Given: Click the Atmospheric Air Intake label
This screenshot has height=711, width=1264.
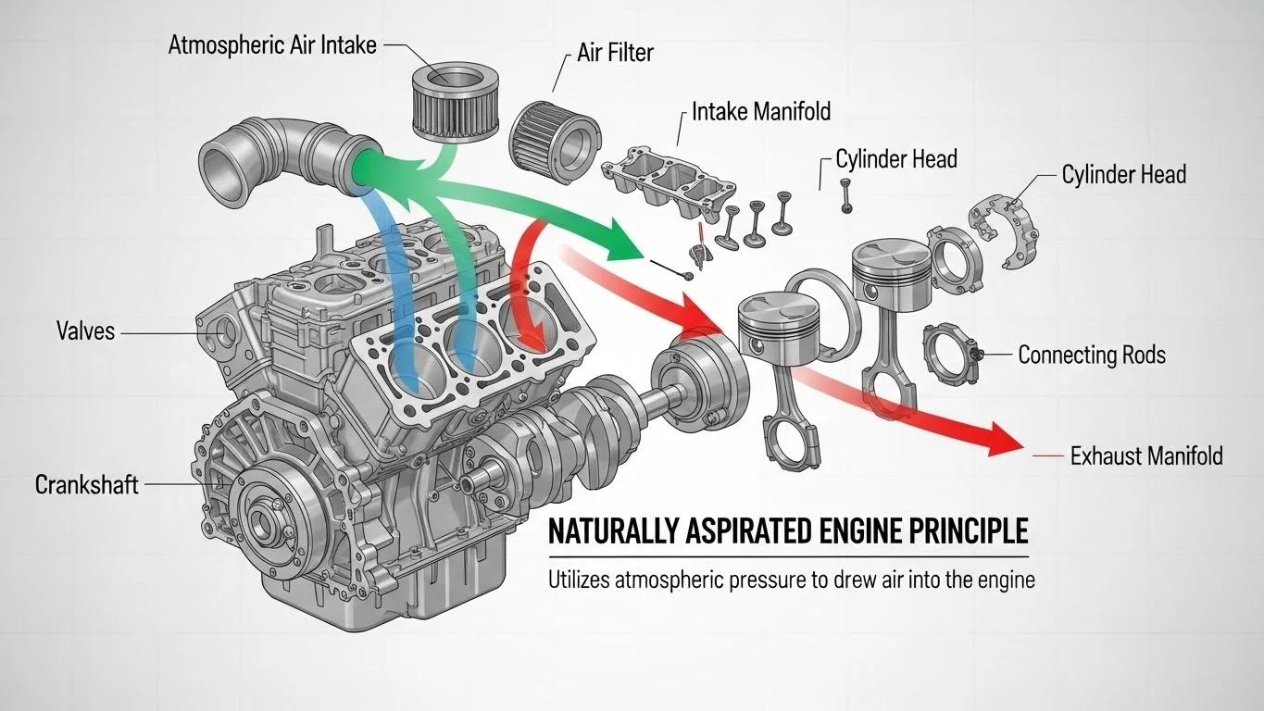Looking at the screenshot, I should click(x=272, y=45).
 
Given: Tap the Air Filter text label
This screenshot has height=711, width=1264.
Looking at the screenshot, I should click(x=615, y=53).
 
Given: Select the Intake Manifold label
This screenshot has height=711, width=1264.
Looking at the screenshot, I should click(x=761, y=113).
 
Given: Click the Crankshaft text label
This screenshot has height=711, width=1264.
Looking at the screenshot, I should click(x=86, y=483).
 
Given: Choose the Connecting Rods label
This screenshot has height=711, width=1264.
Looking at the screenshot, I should click(x=1091, y=355).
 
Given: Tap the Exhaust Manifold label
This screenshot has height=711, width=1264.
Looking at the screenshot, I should click(x=1145, y=455).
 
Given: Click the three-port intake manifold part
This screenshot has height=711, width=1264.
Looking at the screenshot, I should click(x=667, y=179).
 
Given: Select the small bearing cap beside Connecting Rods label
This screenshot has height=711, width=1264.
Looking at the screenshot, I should click(x=950, y=348).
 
